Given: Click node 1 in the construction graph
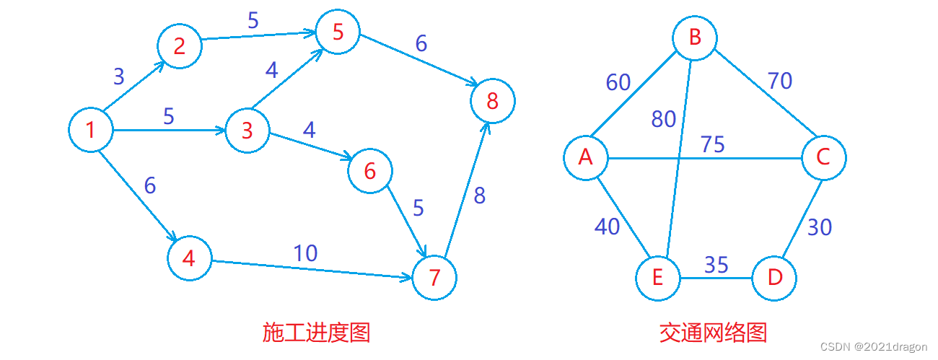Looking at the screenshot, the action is pos(91,131).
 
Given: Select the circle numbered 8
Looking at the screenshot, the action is pos(493,101).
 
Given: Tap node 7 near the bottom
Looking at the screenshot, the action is pos(434,278).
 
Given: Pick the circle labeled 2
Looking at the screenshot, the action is pos(180,46).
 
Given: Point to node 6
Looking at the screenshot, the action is pos(370,171).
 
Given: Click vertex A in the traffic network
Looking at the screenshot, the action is pos(586,157).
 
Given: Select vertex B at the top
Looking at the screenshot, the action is pos(695,38).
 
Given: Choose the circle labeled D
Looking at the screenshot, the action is pos(774,278).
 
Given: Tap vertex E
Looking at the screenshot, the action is pos(657,278).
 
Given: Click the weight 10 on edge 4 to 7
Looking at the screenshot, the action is pos(305,253).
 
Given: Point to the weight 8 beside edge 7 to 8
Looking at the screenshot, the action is pos(480,196).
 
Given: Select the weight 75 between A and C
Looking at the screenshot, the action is pos(712,144).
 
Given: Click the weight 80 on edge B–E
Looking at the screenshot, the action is pos(664,118).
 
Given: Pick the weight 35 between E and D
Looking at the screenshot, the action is pos(716,265).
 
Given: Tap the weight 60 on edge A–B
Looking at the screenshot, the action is pos(618,83).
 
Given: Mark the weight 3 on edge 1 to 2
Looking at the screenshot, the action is pos(119,76).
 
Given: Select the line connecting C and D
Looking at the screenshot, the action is pos(800,217).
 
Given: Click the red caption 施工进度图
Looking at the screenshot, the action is pos(316,333).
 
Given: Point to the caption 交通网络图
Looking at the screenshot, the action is pos(713,333).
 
